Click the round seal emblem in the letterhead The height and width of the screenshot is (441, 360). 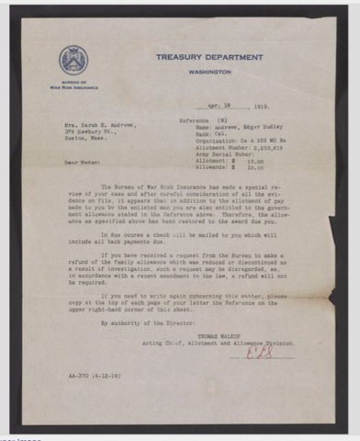(74, 60)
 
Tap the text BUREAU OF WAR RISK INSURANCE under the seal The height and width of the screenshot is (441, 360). (74, 86)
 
